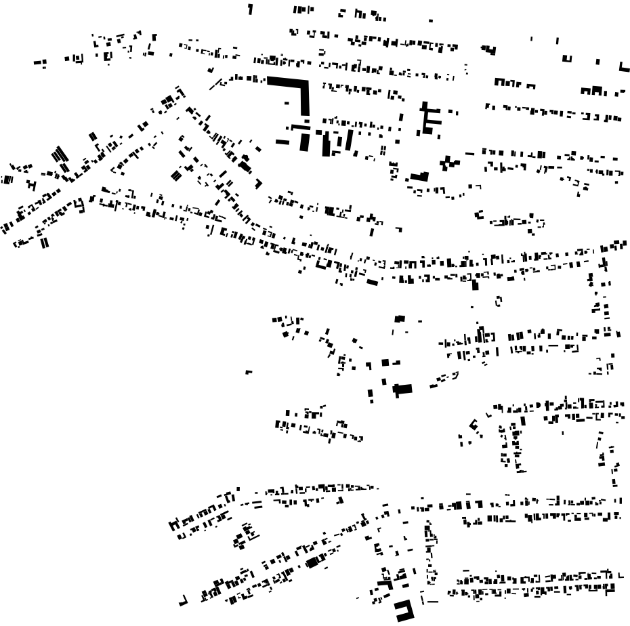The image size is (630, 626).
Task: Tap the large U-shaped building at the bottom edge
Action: (404, 611)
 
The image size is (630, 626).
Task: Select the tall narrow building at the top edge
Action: (251, 9)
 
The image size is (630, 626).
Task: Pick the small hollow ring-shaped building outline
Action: (499, 300)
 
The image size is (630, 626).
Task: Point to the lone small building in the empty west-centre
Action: (249, 372)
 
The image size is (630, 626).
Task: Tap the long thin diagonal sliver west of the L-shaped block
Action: (215, 85)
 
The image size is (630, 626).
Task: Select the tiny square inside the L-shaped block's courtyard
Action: (287, 103)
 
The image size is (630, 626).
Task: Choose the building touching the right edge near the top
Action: (624, 66)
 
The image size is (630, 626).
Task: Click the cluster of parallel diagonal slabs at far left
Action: (60, 156)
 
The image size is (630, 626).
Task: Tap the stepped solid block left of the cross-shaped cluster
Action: (419, 176)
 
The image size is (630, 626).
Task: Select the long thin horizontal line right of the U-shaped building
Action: (430, 600)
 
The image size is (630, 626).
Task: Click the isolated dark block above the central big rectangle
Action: (400, 318)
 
